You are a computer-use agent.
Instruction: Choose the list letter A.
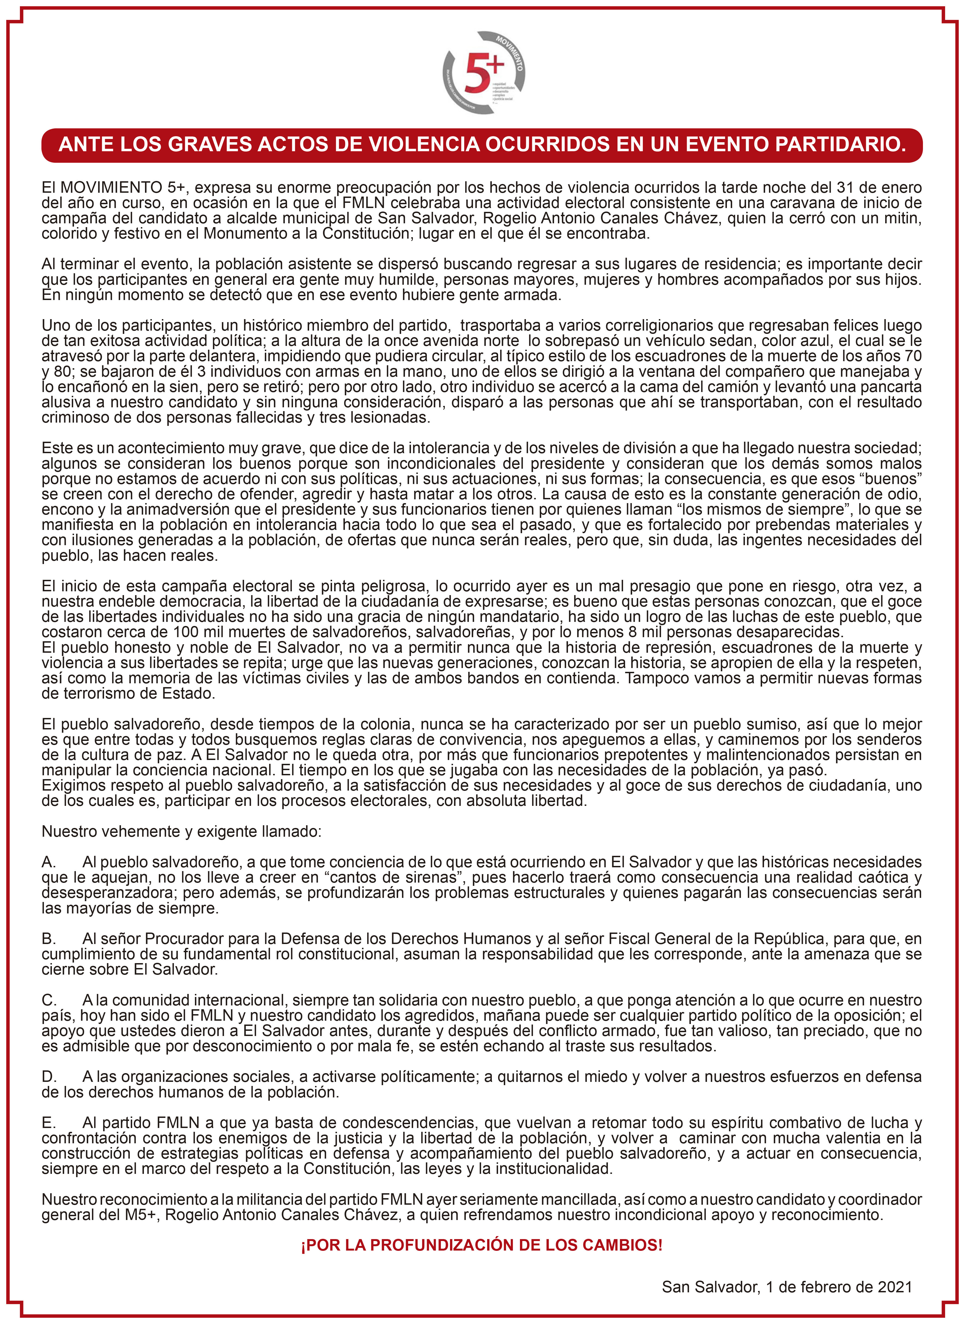(49, 862)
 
